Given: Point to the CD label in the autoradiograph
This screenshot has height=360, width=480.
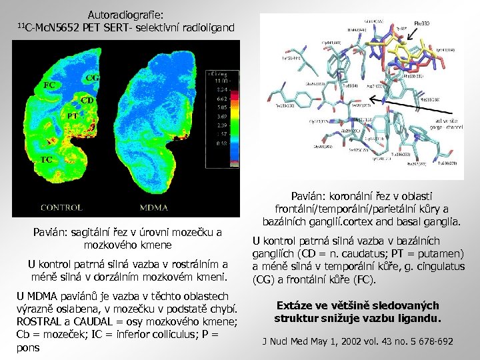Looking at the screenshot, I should [87, 100].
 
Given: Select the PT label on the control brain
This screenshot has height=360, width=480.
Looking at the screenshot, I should [73, 115].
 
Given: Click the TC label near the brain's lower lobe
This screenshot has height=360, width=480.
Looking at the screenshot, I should [47, 160].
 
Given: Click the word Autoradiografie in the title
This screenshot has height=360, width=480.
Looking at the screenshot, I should [126, 14].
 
